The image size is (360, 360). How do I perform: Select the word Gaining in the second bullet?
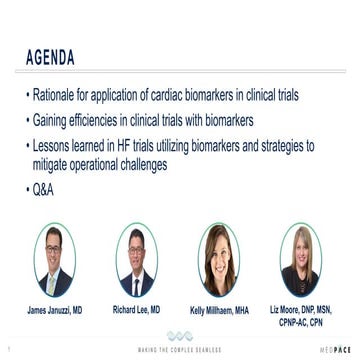point(52,120)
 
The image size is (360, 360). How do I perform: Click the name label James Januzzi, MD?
point(55,312)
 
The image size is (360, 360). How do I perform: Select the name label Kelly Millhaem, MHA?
point(219,312)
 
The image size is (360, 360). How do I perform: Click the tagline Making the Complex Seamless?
point(179,350)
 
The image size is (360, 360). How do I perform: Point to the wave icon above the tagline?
point(179,337)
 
